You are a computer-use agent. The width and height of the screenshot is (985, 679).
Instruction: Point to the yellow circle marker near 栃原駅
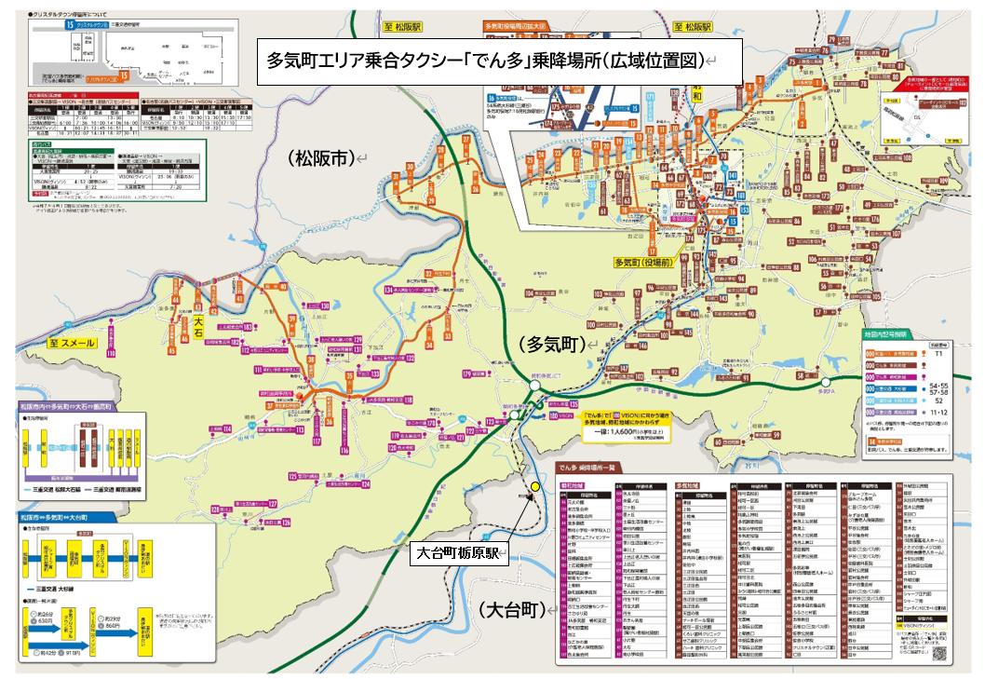pyautogui.click(x=535, y=486)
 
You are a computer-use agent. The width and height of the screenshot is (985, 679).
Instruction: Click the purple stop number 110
pyautogui.click(x=111, y=354)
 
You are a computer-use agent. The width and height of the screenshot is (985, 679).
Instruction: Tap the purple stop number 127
pyautogui.click(x=216, y=509)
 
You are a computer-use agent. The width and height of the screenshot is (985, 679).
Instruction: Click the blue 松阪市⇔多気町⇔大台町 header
pyautogui.click(x=56, y=516)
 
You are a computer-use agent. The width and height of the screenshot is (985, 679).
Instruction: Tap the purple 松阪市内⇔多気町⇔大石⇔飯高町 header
pyautogui.click(x=71, y=407)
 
